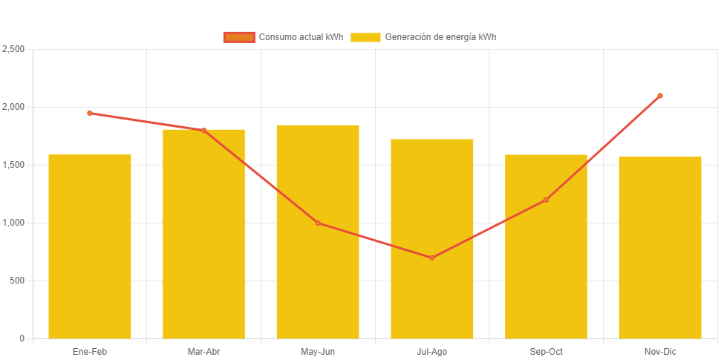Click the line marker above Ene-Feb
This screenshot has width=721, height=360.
pyautogui.click(x=90, y=113)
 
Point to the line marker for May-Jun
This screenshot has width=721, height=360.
pyautogui.click(x=318, y=223)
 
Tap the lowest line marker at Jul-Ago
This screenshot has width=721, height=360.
pyautogui.click(x=432, y=258)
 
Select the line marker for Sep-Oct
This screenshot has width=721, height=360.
pyautogui.click(x=546, y=200)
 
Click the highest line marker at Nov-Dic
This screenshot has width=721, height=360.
pyautogui.click(x=660, y=96)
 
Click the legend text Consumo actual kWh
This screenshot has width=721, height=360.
pyautogui.click(x=301, y=37)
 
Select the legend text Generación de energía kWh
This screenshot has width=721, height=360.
pyautogui.click(x=441, y=37)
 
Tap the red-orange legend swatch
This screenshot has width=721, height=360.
pyautogui.click(x=239, y=37)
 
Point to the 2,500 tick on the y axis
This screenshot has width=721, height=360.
pyautogui.click(x=13, y=49)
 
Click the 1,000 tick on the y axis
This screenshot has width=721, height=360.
pyautogui.click(x=13, y=223)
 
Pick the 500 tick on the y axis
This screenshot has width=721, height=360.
pyautogui.click(x=16, y=281)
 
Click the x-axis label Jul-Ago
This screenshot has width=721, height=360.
pyautogui.click(x=432, y=351)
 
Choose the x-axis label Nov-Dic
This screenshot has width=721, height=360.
pyautogui.click(x=660, y=351)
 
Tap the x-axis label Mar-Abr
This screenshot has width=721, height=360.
pyautogui.click(x=203, y=351)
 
